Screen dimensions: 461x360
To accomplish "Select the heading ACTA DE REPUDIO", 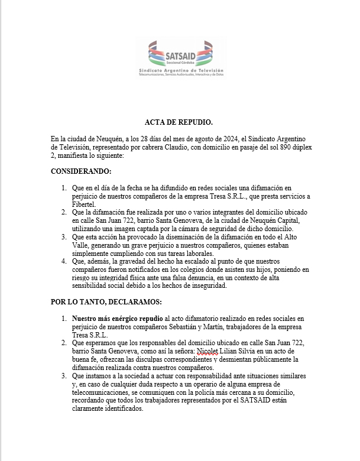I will (x=179, y=122).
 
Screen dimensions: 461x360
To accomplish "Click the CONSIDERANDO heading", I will (x=82, y=171).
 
